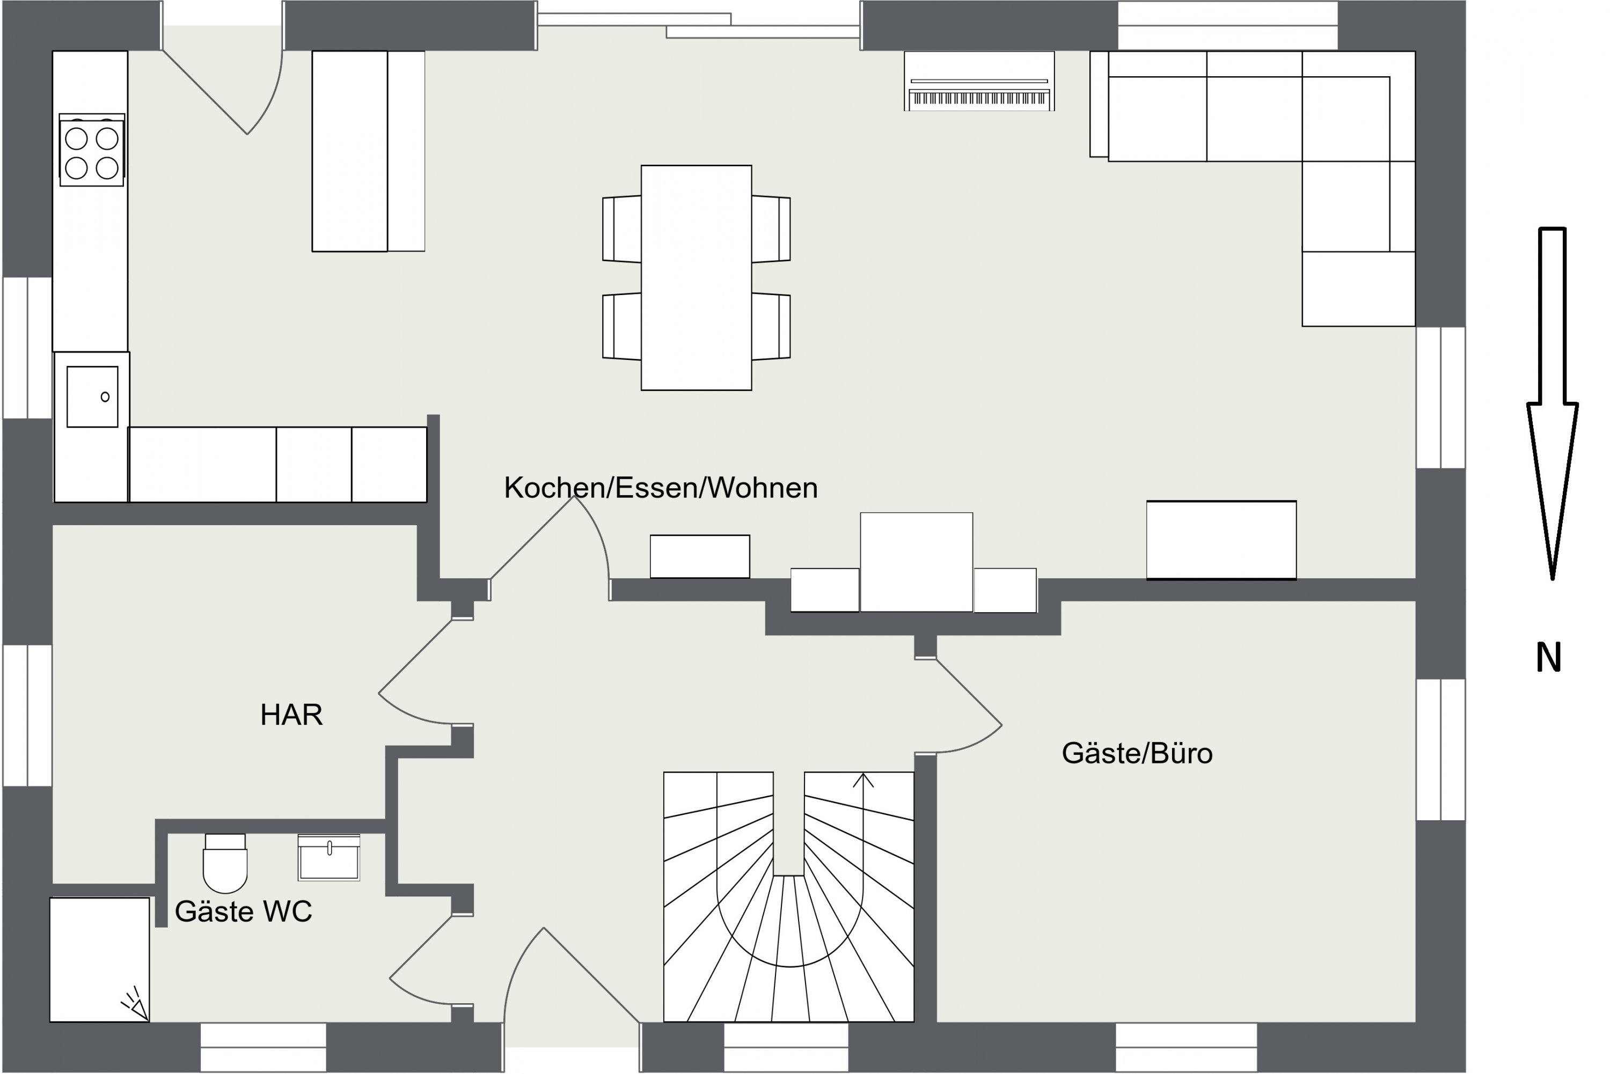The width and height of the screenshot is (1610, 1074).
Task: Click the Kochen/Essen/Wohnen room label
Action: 661,488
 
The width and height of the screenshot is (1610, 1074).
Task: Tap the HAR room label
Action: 291,715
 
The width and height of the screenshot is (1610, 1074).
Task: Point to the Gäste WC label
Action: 243,911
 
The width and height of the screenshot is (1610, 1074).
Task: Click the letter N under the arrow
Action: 1549,658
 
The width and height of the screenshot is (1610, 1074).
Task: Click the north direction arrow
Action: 1553,404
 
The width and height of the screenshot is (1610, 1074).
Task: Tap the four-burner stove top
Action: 92,151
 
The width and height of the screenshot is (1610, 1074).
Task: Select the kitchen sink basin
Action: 92,396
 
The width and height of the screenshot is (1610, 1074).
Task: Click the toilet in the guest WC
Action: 225,863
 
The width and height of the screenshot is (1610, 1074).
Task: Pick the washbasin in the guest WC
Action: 329,858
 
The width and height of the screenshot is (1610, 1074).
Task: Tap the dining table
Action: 696,278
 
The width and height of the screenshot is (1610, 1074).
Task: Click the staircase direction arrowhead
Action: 863,780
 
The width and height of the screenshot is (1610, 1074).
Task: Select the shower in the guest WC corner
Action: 99,960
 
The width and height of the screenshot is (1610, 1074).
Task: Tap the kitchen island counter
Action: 369,151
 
